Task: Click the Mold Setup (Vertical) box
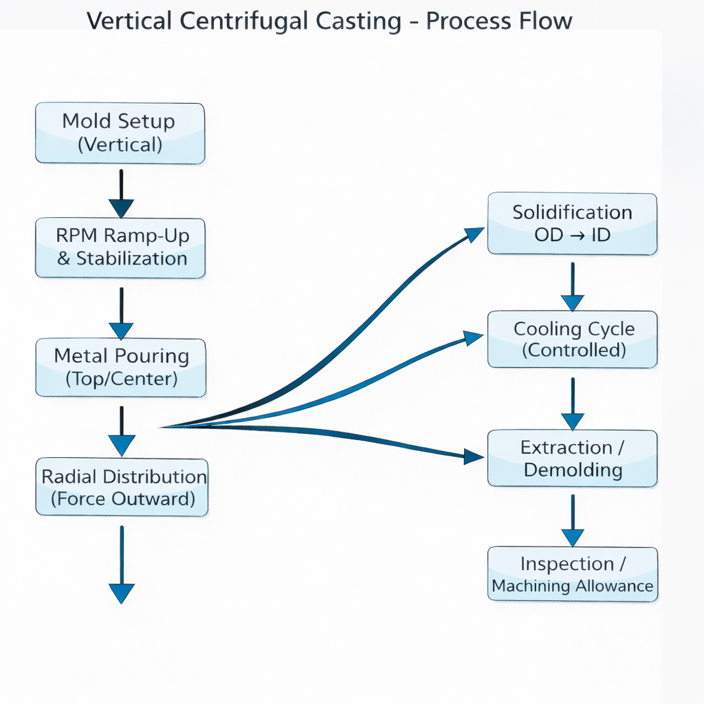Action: pos(120,133)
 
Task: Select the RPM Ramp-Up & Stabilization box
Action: pos(120,247)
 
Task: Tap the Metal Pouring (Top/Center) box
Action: pos(121,367)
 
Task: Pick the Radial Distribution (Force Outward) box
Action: pos(122,487)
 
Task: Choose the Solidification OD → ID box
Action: pos(572,223)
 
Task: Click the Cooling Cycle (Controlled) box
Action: pos(572,339)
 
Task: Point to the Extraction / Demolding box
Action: pos(572,459)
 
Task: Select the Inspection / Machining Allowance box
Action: pos(573,574)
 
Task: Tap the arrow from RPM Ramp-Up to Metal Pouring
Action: pos(121,313)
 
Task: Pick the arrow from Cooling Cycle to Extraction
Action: pos(572,404)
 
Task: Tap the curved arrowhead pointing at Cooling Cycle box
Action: pos(474,338)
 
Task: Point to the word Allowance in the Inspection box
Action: pos(610,586)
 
